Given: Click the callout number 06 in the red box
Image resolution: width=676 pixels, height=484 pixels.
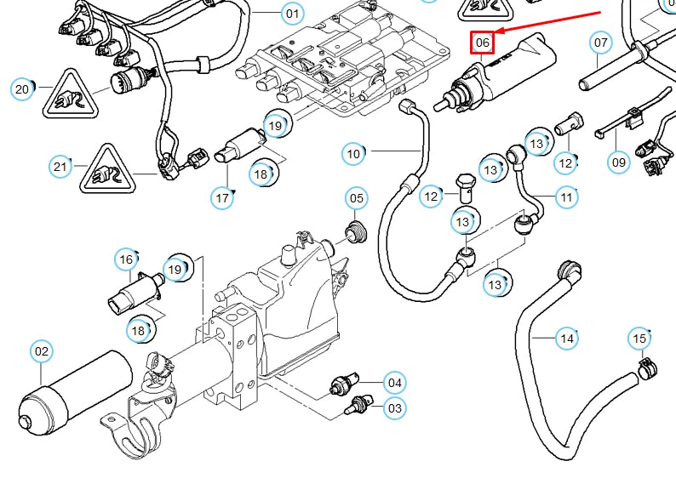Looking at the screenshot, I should click(483, 42).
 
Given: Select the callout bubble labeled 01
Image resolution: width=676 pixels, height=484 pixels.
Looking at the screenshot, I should click(292, 14).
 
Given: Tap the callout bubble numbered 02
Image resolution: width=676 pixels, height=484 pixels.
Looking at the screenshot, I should click(42, 350).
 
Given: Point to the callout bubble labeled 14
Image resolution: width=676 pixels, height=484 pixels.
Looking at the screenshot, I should click(566, 339).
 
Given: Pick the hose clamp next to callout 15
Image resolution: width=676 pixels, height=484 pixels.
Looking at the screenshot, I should click(650, 369).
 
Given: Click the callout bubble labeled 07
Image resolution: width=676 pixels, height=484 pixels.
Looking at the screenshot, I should click(601, 42).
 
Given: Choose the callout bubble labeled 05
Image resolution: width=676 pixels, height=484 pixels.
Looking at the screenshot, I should click(356, 199).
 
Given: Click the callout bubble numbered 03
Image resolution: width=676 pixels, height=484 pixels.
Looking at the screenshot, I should click(394, 408).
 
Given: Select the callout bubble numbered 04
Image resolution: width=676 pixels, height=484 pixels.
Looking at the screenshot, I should click(394, 383).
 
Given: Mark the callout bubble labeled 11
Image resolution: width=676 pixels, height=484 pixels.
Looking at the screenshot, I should click(567, 197).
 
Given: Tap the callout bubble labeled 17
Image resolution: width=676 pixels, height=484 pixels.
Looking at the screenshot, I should click(222, 198).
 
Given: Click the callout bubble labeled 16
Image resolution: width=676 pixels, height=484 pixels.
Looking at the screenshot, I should click(127, 259).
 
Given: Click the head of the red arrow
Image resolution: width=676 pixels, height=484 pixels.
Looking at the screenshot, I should click(498, 32).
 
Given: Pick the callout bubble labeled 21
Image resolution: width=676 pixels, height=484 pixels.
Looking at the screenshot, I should click(60, 167).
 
